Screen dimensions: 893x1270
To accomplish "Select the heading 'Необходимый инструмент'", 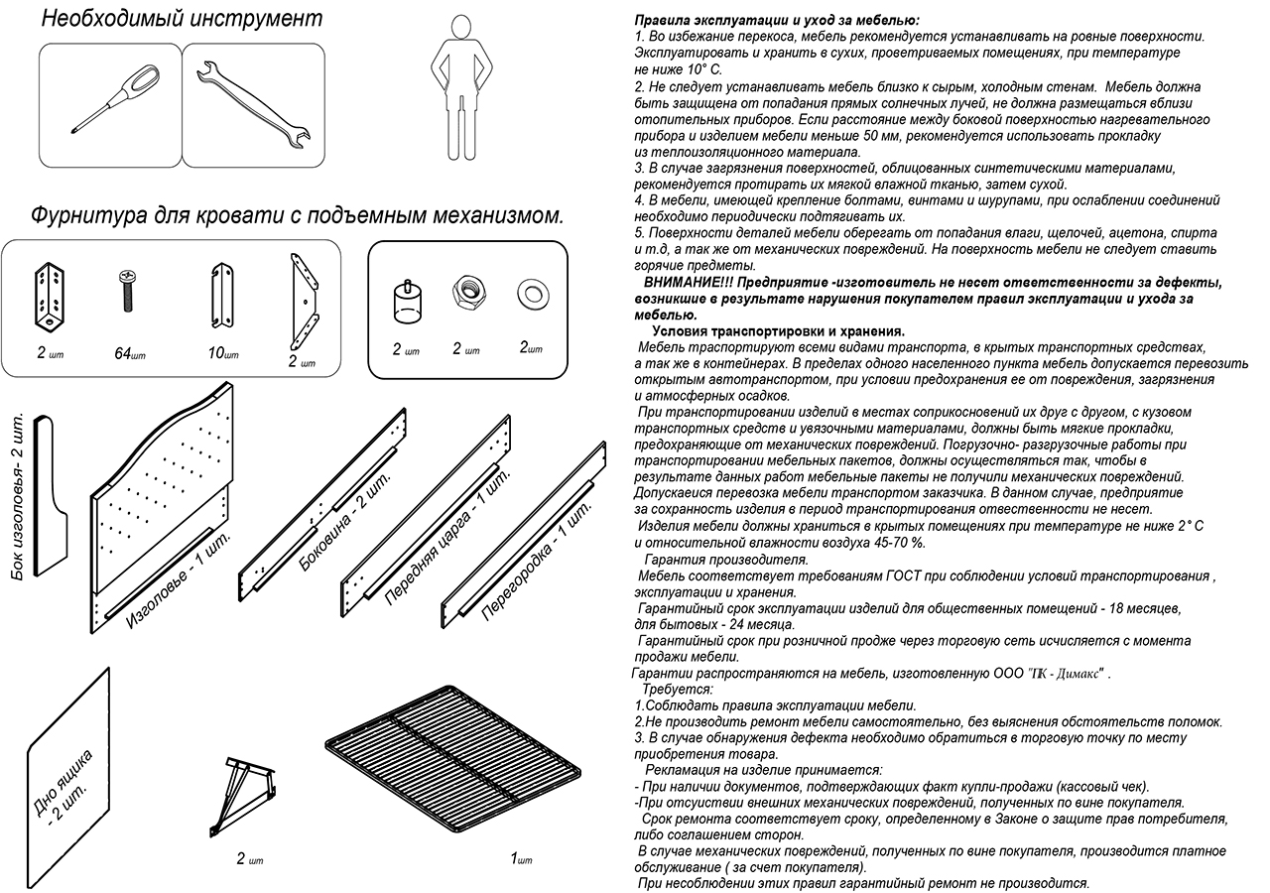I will (183, 19).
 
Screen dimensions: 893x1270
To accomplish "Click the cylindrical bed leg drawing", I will (405, 301).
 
